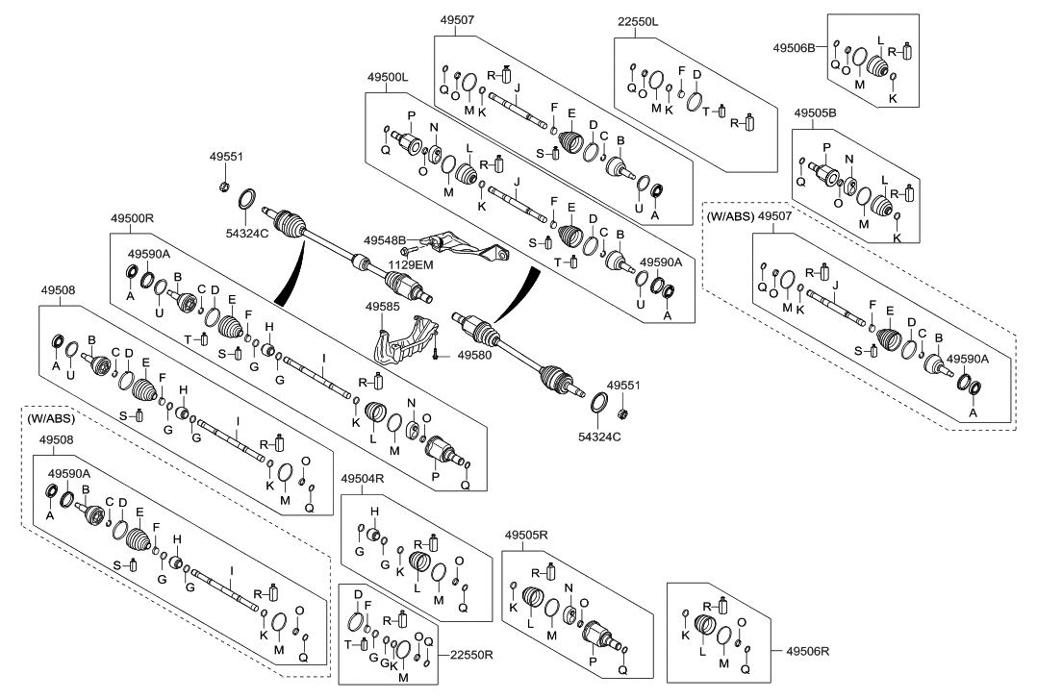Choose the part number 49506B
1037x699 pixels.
(x=795, y=46)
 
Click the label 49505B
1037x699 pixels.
(x=814, y=112)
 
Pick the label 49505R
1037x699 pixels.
(x=525, y=534)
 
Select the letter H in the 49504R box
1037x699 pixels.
(x=375, y=511)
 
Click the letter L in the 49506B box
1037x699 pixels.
(x=879, y=39)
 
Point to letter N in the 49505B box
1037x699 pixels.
(x=849, y=157)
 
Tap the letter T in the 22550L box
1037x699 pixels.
(x=706, y=111)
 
